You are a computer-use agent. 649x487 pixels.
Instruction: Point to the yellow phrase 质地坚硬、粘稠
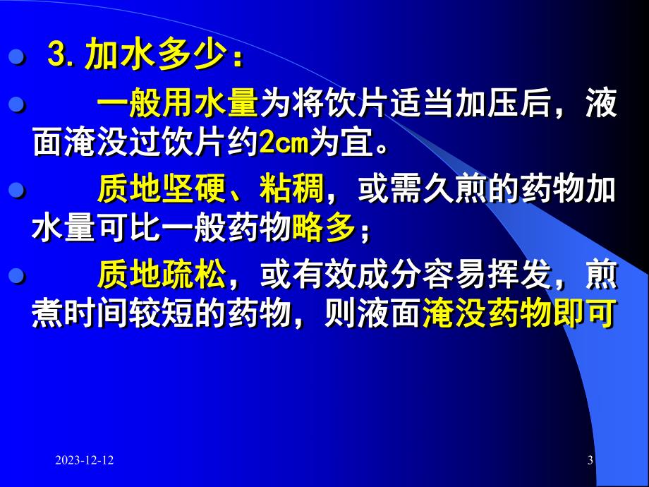click(x=210, y=190)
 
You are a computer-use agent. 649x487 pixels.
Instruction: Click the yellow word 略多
click(x=324, y=229)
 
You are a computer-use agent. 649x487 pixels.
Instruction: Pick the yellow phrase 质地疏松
click(x=162, y=275)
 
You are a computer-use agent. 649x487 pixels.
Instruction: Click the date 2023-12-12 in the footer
click(x=85, y=461)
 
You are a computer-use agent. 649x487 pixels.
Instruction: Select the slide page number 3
click(x=590, y=461)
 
